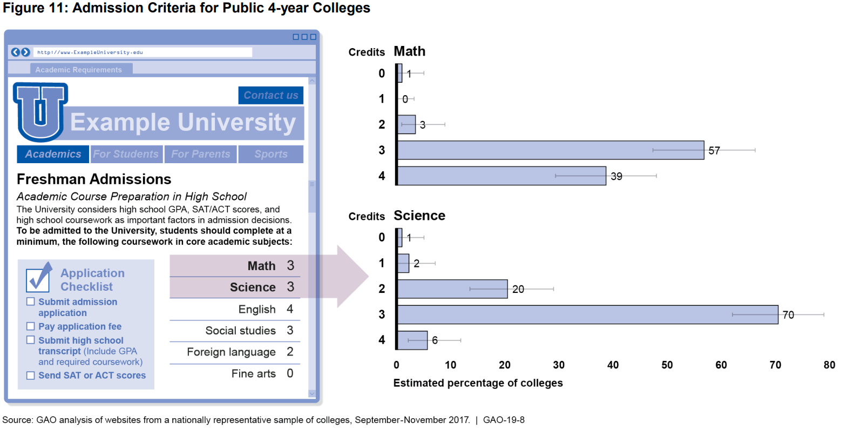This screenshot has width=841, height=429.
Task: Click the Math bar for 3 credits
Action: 551,150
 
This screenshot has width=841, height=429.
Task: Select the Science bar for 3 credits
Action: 587,314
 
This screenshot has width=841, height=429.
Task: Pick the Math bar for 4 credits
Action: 501,176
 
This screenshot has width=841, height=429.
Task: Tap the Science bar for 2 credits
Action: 452,289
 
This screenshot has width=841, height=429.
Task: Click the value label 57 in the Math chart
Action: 714,151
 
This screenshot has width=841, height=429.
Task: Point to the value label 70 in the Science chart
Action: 788,315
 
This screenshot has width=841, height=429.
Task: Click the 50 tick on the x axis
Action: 667,365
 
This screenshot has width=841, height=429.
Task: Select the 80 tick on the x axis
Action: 829,365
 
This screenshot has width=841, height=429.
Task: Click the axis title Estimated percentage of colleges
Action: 478,383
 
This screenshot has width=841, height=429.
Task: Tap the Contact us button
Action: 270,95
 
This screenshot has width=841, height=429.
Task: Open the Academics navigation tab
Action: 53,154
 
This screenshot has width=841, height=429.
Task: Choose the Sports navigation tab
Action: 271,154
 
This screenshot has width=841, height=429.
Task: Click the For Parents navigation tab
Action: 201,154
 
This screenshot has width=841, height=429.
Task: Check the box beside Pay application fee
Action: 31,326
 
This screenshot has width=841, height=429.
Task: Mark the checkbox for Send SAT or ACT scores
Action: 31,375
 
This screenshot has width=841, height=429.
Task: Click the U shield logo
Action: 40,111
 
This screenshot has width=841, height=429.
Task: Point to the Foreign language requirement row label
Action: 231,352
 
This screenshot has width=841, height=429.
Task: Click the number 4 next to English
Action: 290,309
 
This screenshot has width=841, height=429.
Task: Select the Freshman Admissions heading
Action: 94,179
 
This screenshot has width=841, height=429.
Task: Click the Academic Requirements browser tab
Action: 78,70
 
